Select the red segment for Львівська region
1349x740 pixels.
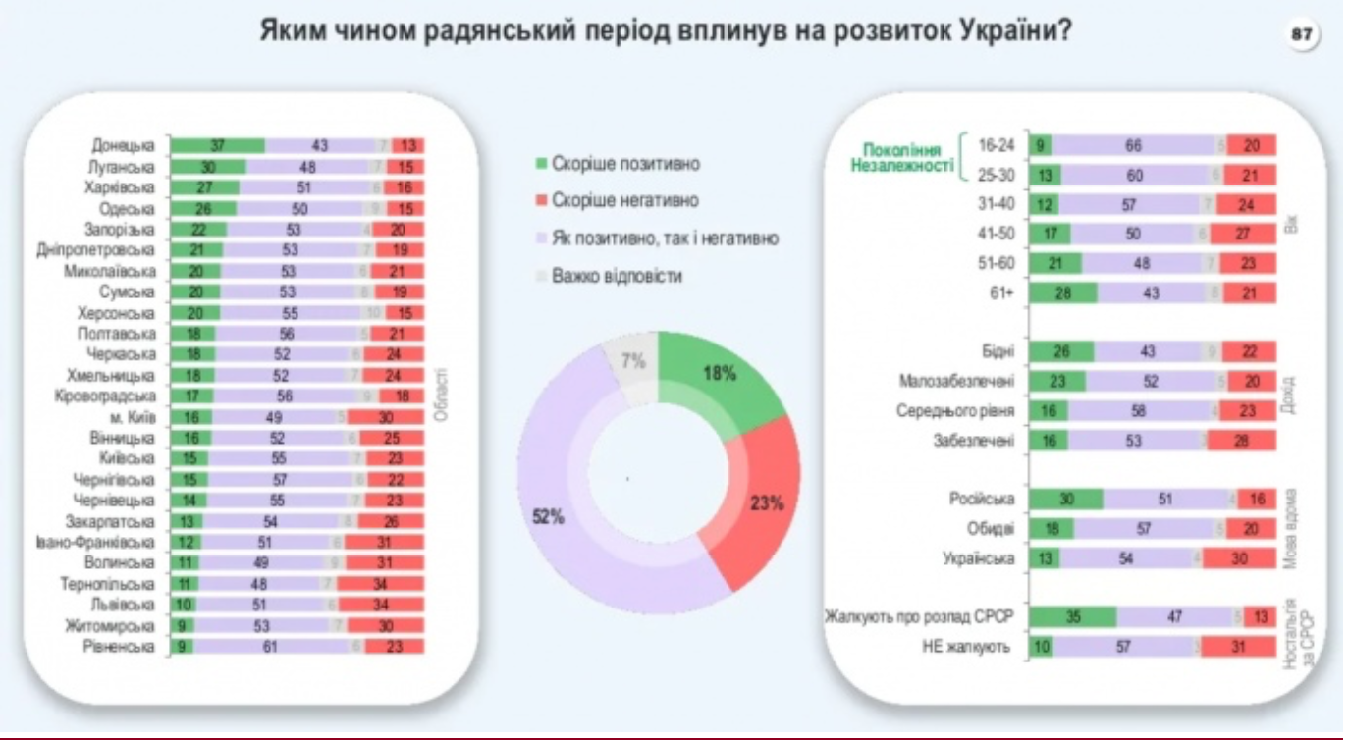coord(385,604)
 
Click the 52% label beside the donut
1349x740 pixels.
coord(546,519)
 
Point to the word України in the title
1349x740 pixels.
coord(1022,31)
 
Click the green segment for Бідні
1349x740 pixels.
coord(1060,351)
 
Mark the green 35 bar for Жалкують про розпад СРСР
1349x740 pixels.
coord(1073,617)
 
